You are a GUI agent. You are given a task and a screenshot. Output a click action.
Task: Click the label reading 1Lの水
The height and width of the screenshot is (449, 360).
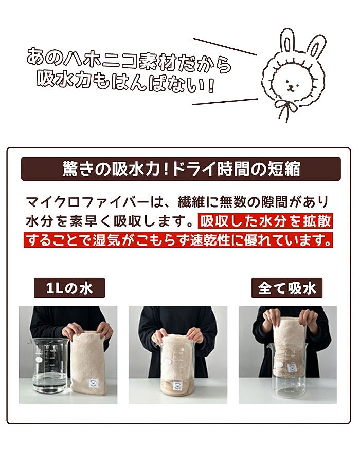[x=69, y=288]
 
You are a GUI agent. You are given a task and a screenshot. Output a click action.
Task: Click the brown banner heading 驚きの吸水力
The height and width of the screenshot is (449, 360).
[x=180, y=169]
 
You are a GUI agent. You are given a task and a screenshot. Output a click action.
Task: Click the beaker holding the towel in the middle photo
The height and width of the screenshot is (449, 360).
[x=178, y=370]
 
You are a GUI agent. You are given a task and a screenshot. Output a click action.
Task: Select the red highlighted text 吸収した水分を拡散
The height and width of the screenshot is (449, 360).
[x=265, y=221]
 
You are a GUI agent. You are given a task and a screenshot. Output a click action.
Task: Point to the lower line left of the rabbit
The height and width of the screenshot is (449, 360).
[x=225, y=101]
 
